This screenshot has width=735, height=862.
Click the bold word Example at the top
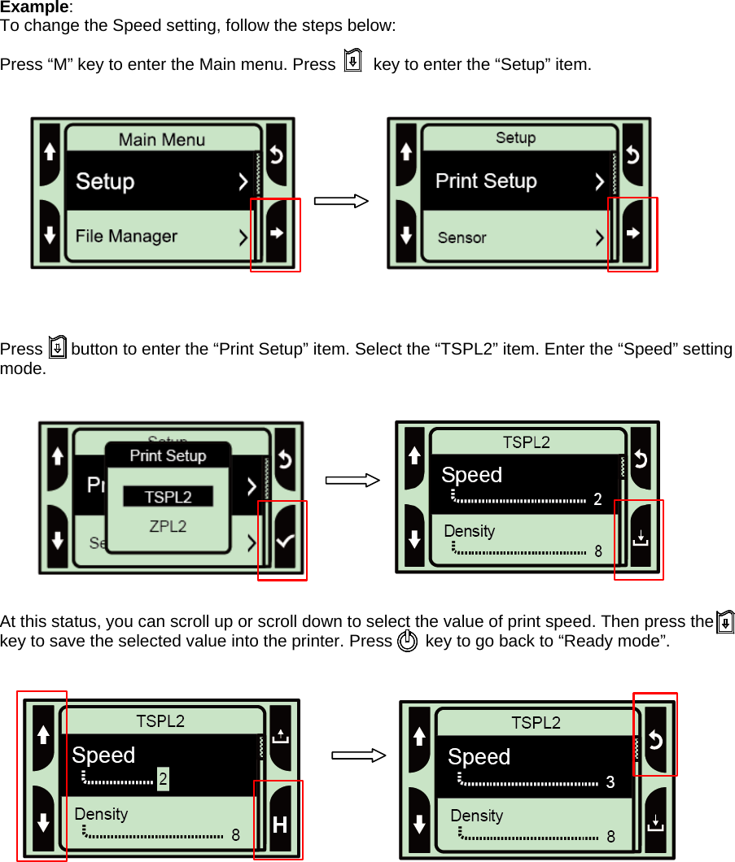34,7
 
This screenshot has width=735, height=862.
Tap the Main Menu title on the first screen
162,140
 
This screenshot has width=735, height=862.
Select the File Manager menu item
126,237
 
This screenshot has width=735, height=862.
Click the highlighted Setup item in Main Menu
105,181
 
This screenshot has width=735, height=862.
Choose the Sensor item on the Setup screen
462,237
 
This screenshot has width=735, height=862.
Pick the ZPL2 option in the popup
168,526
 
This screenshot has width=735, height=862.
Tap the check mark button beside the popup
285,541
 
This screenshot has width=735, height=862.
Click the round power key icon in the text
408,642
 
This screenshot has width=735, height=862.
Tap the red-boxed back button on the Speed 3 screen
655,739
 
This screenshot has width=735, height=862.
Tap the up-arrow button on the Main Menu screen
50,152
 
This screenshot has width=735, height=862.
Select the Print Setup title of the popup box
168,456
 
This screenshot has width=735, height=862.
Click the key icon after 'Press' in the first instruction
352,62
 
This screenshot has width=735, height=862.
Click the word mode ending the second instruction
22,368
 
